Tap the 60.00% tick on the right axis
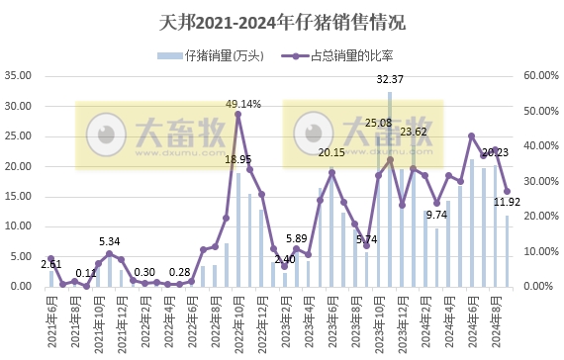pyautogui.click(x=540, y=75)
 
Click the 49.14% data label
pyautogui.click(x=243, y=103)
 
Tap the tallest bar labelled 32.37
pyautogui.click(x=390, y=189)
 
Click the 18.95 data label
pyautogui.click(x=237, y=159)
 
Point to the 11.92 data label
pyautogui.click(x=509, y=203)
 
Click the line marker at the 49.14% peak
pyautogui.click(x=238, y=114)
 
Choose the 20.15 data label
pyautogui.click(x=331, y=152)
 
